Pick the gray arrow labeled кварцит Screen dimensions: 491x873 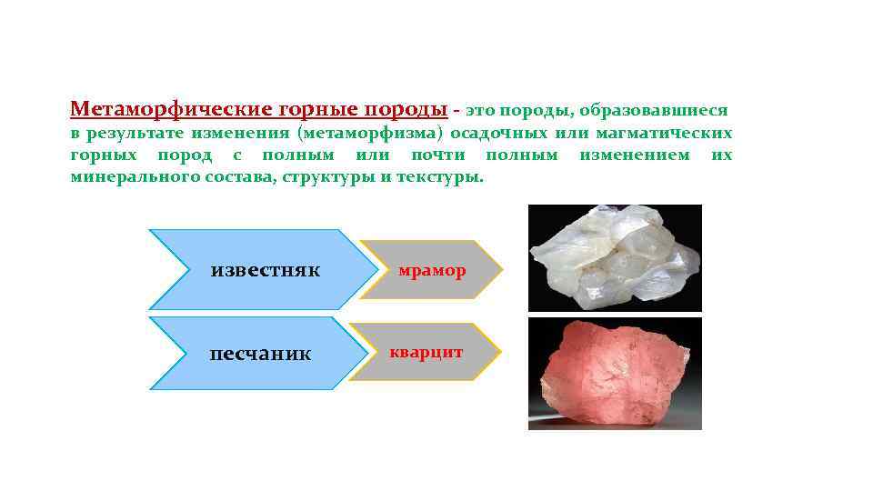coord(426,352)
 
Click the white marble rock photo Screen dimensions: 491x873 coord(615,257)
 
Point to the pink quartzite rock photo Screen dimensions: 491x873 coord(615,373)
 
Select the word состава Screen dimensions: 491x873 coord(232,176)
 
